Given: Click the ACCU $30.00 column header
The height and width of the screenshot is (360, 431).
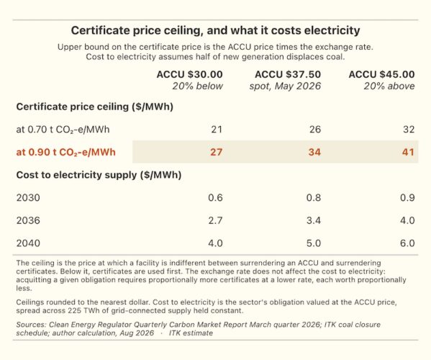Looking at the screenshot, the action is pos(189,75).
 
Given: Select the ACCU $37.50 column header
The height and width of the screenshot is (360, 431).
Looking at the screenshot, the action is pos(288,75).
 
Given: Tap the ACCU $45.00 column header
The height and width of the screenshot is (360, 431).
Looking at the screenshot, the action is pos(381,75).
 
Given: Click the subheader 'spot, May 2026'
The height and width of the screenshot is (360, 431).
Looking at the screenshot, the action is pos(285,86).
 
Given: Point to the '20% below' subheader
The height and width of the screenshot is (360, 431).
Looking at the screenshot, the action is pos(197,86).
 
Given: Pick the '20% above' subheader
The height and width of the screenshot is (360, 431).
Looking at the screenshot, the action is pos(389,86).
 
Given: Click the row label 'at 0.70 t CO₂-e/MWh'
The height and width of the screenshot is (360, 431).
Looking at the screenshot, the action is pos(63,130).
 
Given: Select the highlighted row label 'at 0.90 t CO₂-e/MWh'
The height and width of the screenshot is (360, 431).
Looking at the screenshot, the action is pos(65,153).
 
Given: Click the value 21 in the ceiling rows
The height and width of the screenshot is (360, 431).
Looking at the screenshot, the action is pos(217,130).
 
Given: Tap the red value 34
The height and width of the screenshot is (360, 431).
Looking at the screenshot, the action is pos(314,152).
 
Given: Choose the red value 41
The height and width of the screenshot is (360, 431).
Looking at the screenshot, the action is pos(408,152).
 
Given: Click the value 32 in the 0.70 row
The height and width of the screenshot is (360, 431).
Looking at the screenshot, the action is pos(409,130).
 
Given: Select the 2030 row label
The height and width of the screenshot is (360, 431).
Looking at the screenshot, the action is pos(28,198).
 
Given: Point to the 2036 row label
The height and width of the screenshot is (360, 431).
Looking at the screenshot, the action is pos(28,220).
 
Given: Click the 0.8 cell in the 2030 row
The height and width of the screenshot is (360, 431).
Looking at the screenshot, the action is pos(314,198).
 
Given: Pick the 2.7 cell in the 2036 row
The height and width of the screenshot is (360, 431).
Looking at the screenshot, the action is pos(215,220).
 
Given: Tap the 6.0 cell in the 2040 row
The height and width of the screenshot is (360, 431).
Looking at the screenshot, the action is pos(407,243).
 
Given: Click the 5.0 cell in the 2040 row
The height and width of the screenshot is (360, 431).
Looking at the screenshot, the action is pos(314,243).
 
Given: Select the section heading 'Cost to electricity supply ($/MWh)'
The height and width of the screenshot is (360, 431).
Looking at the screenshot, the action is pos(99,175).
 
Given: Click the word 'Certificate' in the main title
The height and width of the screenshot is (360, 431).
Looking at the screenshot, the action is pos(101,30).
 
